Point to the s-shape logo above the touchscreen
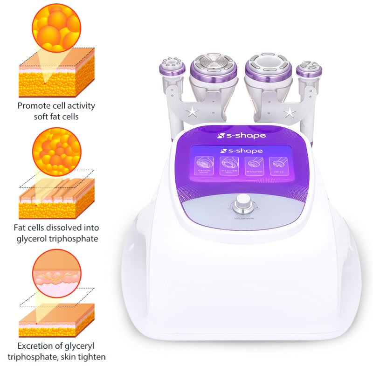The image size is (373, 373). point(242,136)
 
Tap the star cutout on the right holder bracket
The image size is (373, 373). point(290,112)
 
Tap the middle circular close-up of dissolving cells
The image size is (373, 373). point(57,152)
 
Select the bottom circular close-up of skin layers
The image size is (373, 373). point(56,273)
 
